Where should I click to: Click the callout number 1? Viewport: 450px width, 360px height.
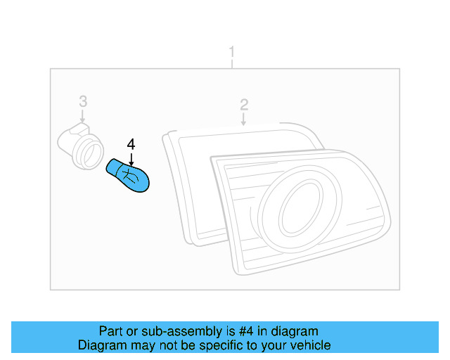[232, 53]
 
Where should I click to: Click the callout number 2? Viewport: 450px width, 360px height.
[244, 105]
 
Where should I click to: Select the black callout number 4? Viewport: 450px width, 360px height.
[131, 144]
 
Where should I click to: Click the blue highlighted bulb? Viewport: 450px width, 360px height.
[130, 176]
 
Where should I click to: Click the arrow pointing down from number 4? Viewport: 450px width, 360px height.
[131, 159]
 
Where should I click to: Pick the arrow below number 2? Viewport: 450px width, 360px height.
[244, 120]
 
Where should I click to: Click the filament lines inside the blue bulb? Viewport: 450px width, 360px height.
[128, 174]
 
